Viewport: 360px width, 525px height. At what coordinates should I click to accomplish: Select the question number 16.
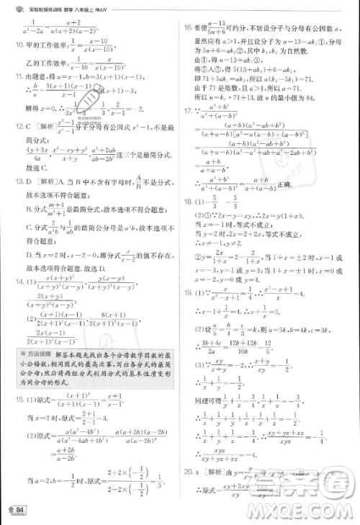point(187,27)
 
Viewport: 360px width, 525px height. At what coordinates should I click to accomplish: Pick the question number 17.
point(187,111)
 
